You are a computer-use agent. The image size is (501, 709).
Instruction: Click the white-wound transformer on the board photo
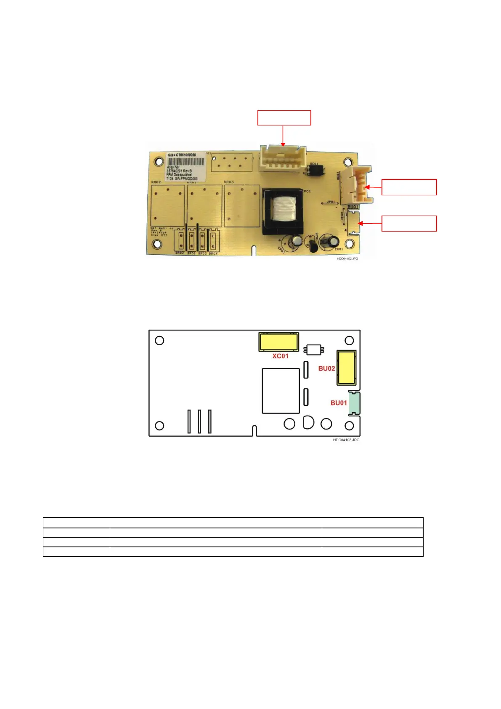pyautogui.click(x=282, y=209)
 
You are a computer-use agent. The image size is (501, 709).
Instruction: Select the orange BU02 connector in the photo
pyautogui.click(x=359, y=184)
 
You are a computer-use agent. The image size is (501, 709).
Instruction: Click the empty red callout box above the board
pyautogui.click(x=284, y=118)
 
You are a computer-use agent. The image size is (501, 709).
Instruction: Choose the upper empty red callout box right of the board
pyautogui.click(x=409, y=187)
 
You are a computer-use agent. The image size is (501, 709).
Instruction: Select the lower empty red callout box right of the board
pyautogui.click(x=409, y=223)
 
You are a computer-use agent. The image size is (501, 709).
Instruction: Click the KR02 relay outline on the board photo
pyautogui.click(x=167, y=205)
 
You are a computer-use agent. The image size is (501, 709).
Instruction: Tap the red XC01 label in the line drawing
pyautogui.click(x=280, y=356)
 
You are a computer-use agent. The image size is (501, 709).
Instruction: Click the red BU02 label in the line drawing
pyautogui.click(x=326, y=368)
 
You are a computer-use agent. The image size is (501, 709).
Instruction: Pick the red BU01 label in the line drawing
pyautogui.click(x=339, y=403)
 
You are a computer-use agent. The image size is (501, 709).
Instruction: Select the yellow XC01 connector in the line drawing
pyautogui.click(x=279, y=342)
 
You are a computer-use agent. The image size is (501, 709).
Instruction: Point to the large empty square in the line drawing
pyautogui.click(x=281, y=391)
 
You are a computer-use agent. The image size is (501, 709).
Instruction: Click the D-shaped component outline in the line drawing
pyautogui.click(x=308, y=422)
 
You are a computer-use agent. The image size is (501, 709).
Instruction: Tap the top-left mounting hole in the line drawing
pyautogui.click(x=160, y=340)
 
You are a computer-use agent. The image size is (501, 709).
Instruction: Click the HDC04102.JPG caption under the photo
pyautogui.click(x=347, y=259)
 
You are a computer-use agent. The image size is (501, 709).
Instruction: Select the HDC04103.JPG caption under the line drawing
pyautogui.click(x=346, y=440)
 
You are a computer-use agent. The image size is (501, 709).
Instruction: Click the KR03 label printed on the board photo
pyautogui.click(x=229, y=182)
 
